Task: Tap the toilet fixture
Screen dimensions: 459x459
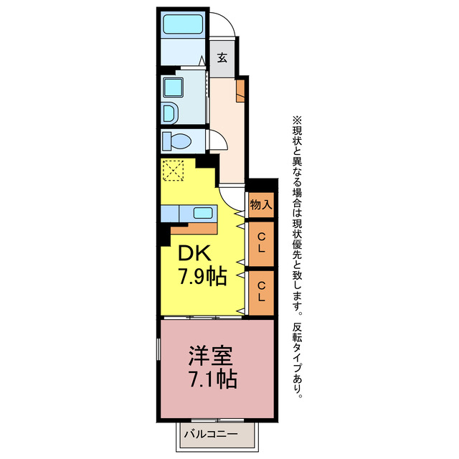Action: click(x=173, y=138)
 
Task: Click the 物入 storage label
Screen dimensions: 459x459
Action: click(x=260, y=204)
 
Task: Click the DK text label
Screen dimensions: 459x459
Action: click(x=193, y=254)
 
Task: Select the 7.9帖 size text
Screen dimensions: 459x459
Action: click(x=202, y=277)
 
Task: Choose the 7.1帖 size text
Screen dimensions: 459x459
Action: click(x=213, y=379)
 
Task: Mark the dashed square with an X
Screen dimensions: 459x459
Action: click(x=173, y=171)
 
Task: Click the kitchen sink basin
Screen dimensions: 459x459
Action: click(x=203, y=213)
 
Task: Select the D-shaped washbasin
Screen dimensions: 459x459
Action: click(x=169, y=113)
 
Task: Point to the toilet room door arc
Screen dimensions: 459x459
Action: click(x=218, y=141)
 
